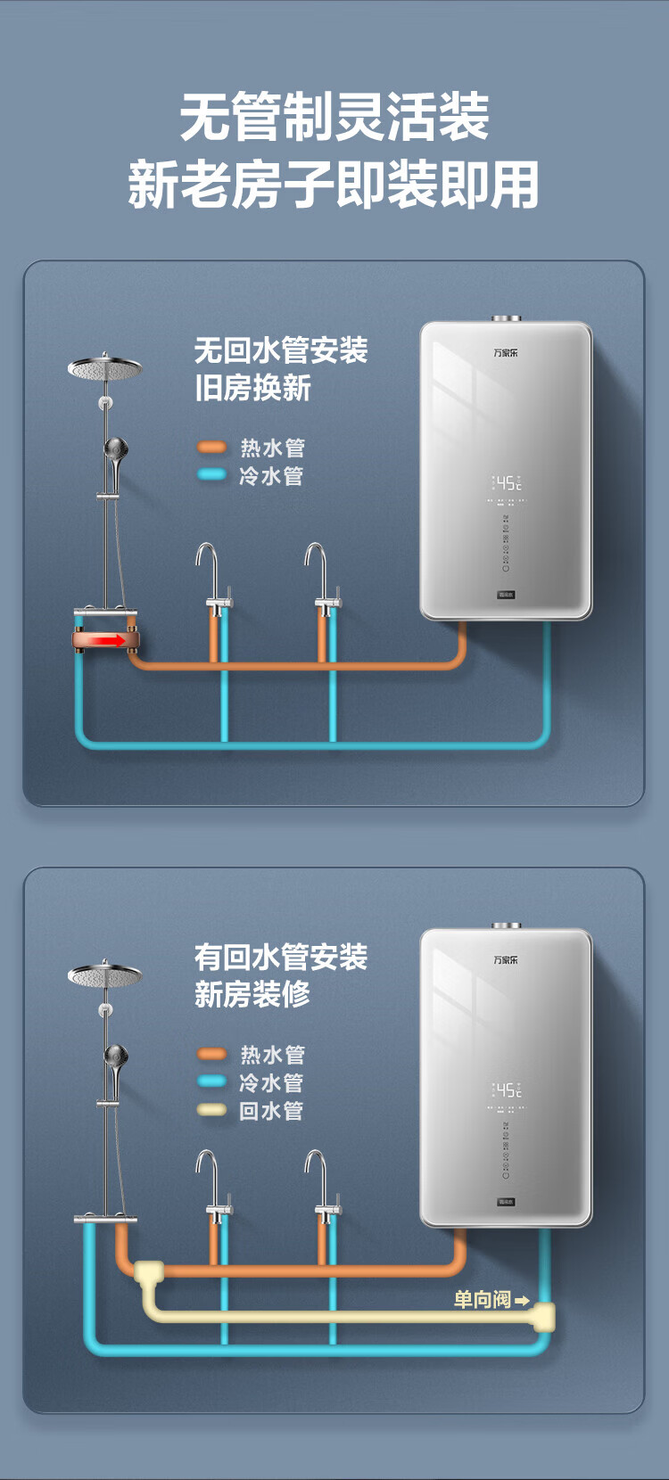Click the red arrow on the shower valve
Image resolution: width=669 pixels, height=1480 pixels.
(111, 640)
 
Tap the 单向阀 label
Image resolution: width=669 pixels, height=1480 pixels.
(482, 1300)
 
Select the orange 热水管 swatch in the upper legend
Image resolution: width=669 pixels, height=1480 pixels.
(211, 447)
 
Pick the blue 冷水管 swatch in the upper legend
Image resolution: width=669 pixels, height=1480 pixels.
(211, 474)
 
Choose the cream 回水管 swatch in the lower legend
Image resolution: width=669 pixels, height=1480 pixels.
(211, 1110)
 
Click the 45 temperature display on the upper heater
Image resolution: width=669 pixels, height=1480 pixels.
(507, 483)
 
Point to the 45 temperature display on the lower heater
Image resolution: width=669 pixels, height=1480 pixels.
(507, 1090)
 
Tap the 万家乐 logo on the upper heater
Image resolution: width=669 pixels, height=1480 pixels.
(506, 353)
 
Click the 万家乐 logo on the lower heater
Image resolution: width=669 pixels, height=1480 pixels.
(506, 960)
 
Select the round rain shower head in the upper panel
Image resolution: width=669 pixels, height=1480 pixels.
(104, 368)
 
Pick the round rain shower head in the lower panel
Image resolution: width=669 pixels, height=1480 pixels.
(104, 975)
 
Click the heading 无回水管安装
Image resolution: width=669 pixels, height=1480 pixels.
(281, 350)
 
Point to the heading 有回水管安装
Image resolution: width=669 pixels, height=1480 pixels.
(281, 958)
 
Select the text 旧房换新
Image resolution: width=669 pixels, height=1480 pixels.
(252, 388)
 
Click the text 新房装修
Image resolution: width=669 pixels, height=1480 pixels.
(252, 994)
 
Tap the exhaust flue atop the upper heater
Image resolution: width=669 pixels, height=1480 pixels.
(506, 317)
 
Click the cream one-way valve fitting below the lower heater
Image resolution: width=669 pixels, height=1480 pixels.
(544, 1316)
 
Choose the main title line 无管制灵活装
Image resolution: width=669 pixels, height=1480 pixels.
(334, 117)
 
